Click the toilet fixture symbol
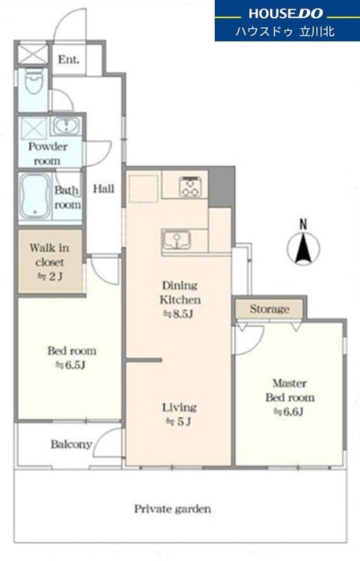pos(34,81)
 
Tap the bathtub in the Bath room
pos(35,196)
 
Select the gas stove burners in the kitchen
pos(190,187)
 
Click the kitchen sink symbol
pos(176,239)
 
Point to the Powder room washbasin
pos(66,126)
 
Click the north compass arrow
pos(304,247)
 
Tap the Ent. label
pos(68,60)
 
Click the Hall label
pos(104,189)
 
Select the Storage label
pos(269,309)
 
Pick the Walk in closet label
pos(49,255)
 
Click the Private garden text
pos(173,509)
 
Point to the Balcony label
pos(72,445)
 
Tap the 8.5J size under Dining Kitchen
pos(178,314)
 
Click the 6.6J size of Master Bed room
pos(288,412)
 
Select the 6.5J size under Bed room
pos(70,365)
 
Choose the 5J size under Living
pos(178,422)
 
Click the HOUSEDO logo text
pos(286,13)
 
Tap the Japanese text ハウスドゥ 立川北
pos(285,32)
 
